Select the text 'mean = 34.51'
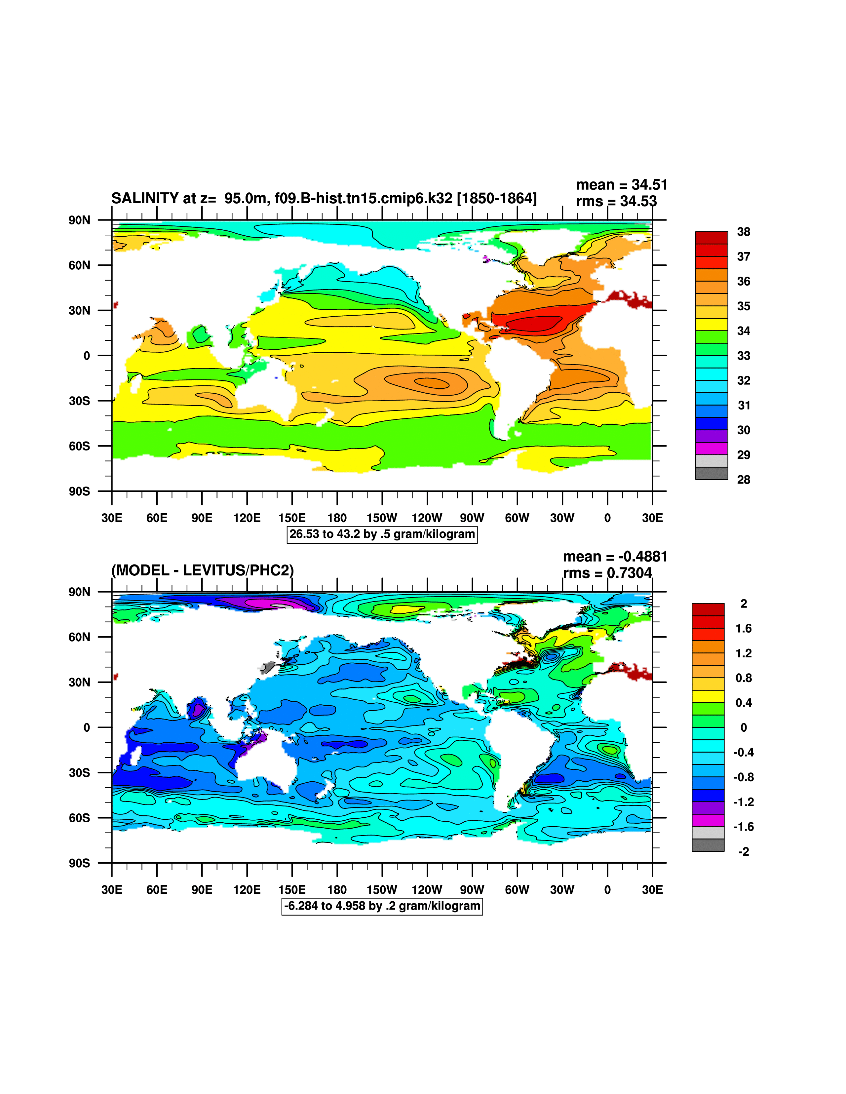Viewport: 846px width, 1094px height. click(622, 185)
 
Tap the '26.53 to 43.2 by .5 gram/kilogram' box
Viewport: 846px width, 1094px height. click(382, 534)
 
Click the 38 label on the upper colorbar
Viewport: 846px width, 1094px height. click(743, 232)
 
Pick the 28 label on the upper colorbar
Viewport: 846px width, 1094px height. click(743, 480)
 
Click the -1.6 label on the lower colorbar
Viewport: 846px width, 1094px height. click(743, 827)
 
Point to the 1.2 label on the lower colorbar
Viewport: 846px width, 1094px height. click(743, 653)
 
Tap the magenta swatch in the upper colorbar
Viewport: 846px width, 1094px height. click(711, 448)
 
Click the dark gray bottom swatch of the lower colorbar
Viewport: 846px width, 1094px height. click(708, 845)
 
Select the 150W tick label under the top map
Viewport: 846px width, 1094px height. click(382, 518)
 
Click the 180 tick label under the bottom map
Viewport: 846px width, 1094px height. click(337, 890)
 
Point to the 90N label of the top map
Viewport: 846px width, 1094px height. click(80, 220)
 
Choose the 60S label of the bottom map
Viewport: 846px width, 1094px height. click(80, 818)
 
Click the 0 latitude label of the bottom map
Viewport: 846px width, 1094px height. click(87, 727)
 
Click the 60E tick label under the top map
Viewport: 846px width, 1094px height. click(157, 518)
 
